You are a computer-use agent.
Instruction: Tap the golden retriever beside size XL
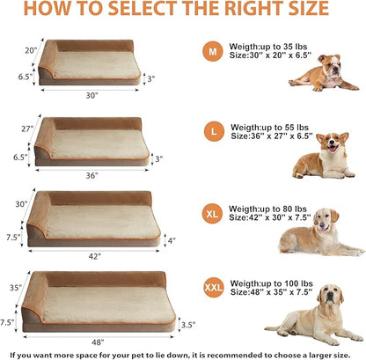pos(309,233)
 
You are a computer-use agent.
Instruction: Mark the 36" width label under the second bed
pos(91,175)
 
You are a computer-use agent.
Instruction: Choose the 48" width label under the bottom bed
pos(99,340)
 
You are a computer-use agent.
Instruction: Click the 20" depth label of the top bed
pos(30,50)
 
